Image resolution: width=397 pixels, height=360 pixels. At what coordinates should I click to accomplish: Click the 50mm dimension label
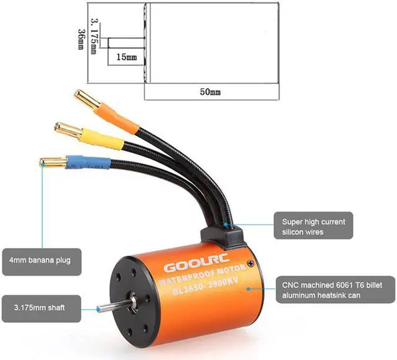210,92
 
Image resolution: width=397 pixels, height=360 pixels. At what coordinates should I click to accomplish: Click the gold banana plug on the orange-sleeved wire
86,99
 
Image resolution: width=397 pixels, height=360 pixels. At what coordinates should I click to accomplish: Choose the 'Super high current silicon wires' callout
313,227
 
